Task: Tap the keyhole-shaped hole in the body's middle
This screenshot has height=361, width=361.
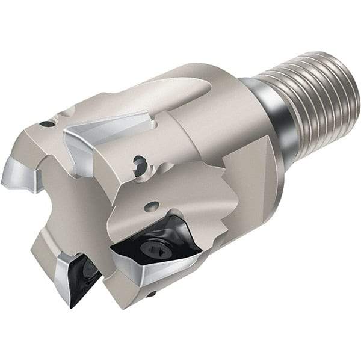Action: (x=140, y=163)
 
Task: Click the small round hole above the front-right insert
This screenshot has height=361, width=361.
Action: (x=155, y=205)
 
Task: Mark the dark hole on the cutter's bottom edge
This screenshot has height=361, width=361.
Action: (x=152, y=294)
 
